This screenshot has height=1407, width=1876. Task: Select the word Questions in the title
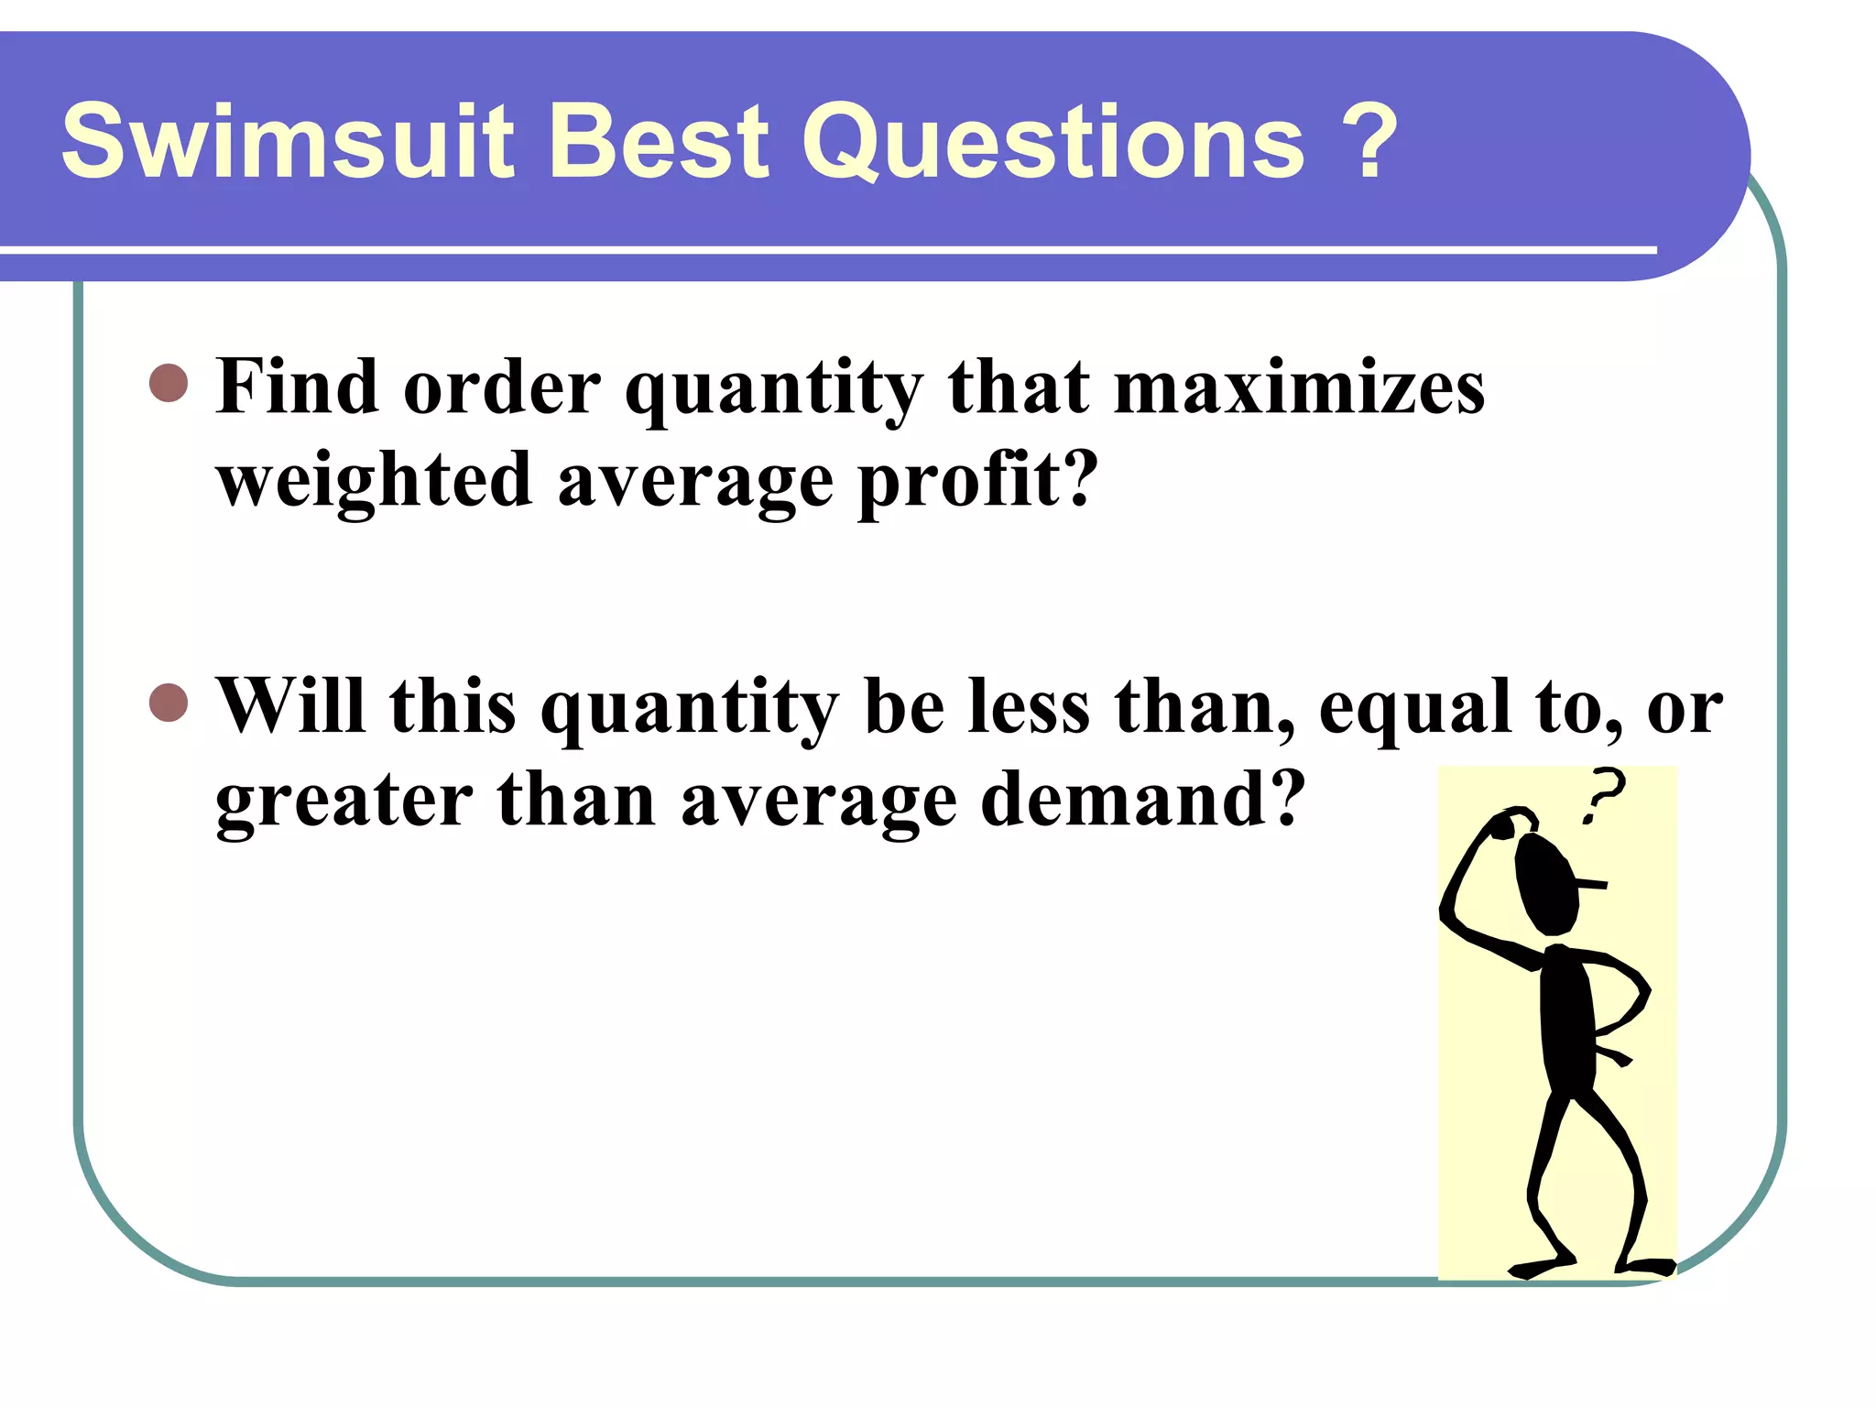tap(1053, 142)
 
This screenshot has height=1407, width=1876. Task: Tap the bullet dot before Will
tap(169, 703)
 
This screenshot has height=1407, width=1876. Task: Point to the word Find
tap(298, 387)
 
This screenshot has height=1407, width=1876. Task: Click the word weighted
tap(374, 481)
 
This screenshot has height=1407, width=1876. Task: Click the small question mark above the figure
tap(1603, 794)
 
